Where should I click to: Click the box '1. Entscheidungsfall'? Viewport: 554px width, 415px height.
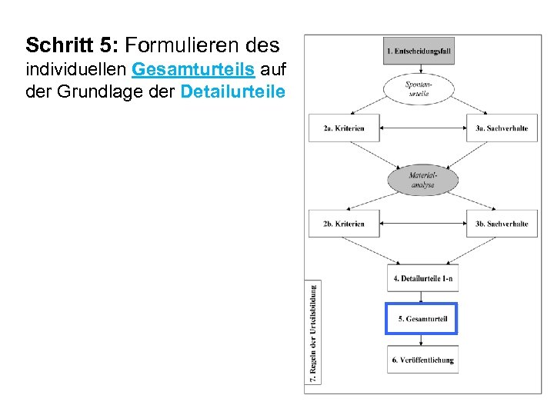(422, 51)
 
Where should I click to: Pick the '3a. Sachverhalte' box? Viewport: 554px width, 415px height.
(501, 128)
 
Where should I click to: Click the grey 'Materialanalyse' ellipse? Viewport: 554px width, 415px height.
(422, 181)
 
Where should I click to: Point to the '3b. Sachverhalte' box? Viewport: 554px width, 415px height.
(501, 224)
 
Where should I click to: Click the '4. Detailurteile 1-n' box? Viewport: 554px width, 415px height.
(422, 278)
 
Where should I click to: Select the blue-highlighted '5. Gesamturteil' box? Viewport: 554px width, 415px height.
(422, 319)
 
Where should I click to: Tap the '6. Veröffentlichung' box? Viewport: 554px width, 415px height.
(422, 360)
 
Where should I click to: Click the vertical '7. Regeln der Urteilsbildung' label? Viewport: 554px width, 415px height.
(314, 332)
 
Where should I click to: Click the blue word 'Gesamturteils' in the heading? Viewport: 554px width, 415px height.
(193, 70)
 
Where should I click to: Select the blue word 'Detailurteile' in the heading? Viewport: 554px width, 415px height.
(232, 92)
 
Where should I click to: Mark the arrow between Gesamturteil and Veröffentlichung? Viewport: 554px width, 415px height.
(422, 340)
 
